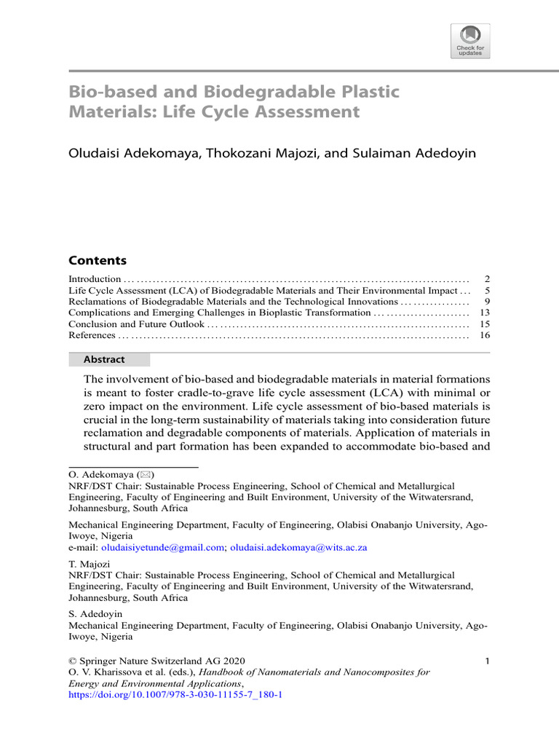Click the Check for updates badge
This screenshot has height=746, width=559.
coord(470,41)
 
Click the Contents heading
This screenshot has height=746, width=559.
coord(98,260)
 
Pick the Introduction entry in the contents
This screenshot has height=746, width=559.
coord(95,279)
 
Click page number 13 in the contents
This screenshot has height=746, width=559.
coord(485,312)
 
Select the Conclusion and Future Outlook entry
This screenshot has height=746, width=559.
coord(136,323)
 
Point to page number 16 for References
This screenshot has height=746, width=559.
coord(485,335)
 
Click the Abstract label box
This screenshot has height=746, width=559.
coord(109,359)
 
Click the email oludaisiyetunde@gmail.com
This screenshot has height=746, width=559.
coord(162,547)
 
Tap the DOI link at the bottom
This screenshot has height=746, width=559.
coord(175,695)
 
